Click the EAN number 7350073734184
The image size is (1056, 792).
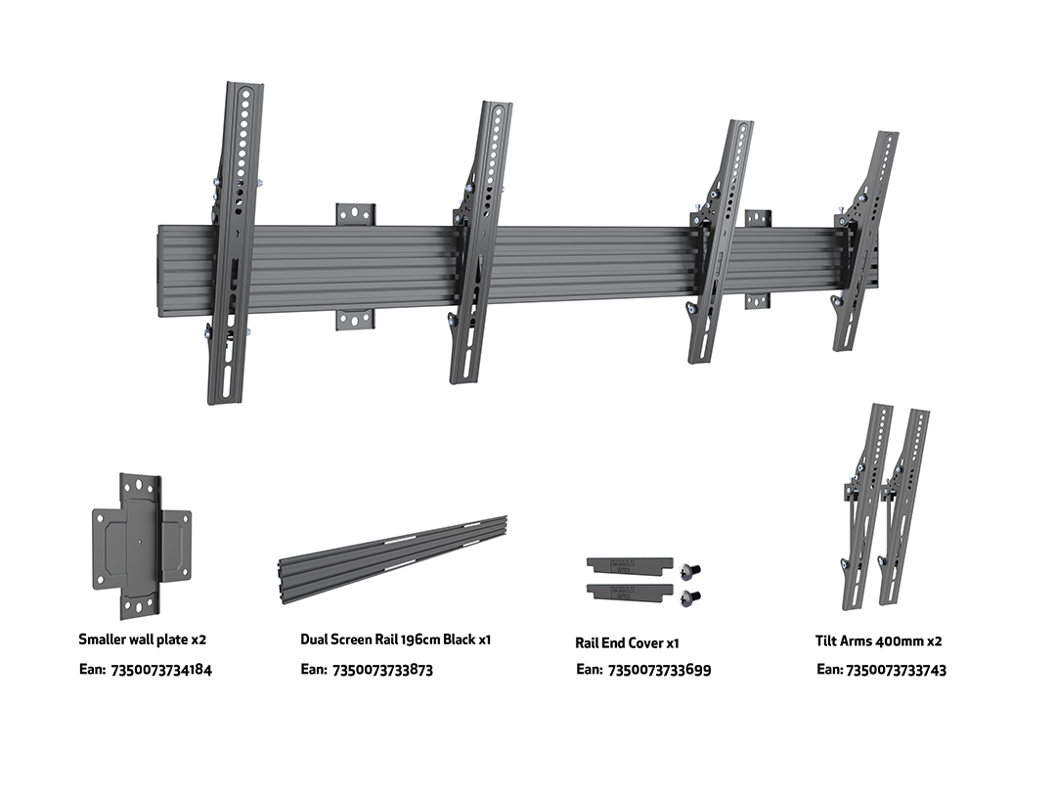pos(162,670)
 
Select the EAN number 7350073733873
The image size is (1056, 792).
pos(382,670)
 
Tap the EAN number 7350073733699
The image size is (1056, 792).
pos(659,670)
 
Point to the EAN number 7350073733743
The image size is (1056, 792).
pos(896,670)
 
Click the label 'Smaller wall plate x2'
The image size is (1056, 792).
pos(143,639)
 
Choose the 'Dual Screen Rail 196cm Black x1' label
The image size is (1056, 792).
pos(395,639)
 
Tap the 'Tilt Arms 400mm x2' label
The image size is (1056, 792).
pos(879,640)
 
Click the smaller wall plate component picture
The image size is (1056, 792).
pos(142,546)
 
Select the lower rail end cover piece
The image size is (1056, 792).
pos(629,592)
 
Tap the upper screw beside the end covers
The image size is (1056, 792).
pos(693,570)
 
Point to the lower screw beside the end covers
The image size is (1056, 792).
pos(693,595)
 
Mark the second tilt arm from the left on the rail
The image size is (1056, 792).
pos(479,244)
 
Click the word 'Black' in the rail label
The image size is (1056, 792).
pos(459,639)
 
